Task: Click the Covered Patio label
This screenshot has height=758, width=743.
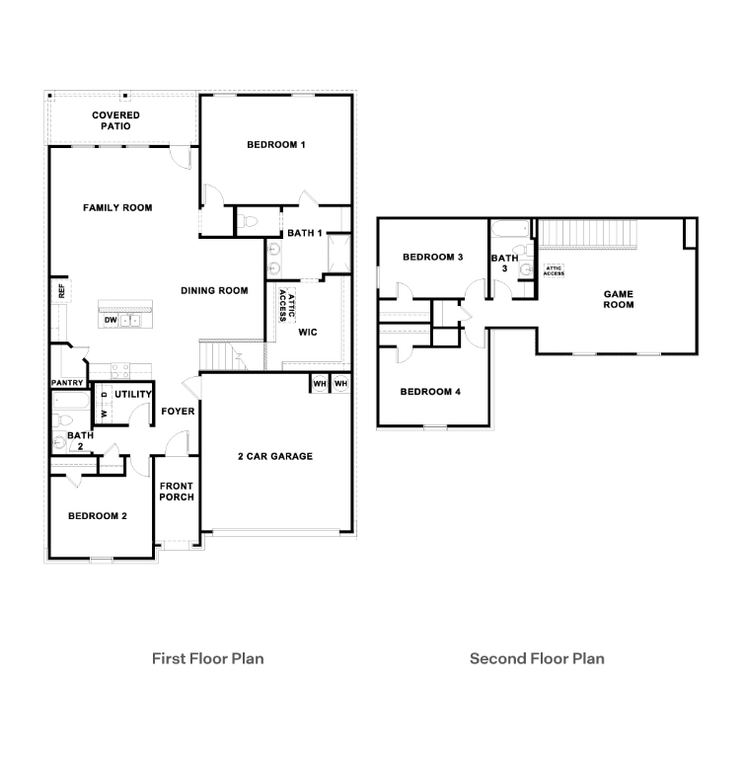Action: click(116, 120)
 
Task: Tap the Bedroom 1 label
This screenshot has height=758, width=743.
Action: click(275, 145)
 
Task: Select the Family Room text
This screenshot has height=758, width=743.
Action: click(117, 207)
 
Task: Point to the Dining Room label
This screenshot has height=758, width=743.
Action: click(214, 290)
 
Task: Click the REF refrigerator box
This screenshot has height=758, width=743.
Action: click(61, 291)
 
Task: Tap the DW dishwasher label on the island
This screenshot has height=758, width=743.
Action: click(111, 320)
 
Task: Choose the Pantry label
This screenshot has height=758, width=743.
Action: click(68, 383)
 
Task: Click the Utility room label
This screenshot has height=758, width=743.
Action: click(132, 395)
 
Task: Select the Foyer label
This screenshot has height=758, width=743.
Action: click(178, 411)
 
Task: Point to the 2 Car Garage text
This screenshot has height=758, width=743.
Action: click(275, 456)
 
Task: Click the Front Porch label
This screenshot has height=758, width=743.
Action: click(178, 491)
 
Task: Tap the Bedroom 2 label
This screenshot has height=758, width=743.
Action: click(97, 516)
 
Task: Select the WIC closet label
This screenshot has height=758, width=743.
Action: click(308, 333)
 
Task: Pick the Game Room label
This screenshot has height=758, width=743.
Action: click(619, 299)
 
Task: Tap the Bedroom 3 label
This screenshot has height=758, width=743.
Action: click(433, 258)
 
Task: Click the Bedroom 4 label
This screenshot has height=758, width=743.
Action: click(430, 392)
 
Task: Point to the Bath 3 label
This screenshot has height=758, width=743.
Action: click(504, 263)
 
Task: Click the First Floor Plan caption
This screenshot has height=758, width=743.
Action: click(207, 658)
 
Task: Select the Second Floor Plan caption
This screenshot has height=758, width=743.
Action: click(537, 658)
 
